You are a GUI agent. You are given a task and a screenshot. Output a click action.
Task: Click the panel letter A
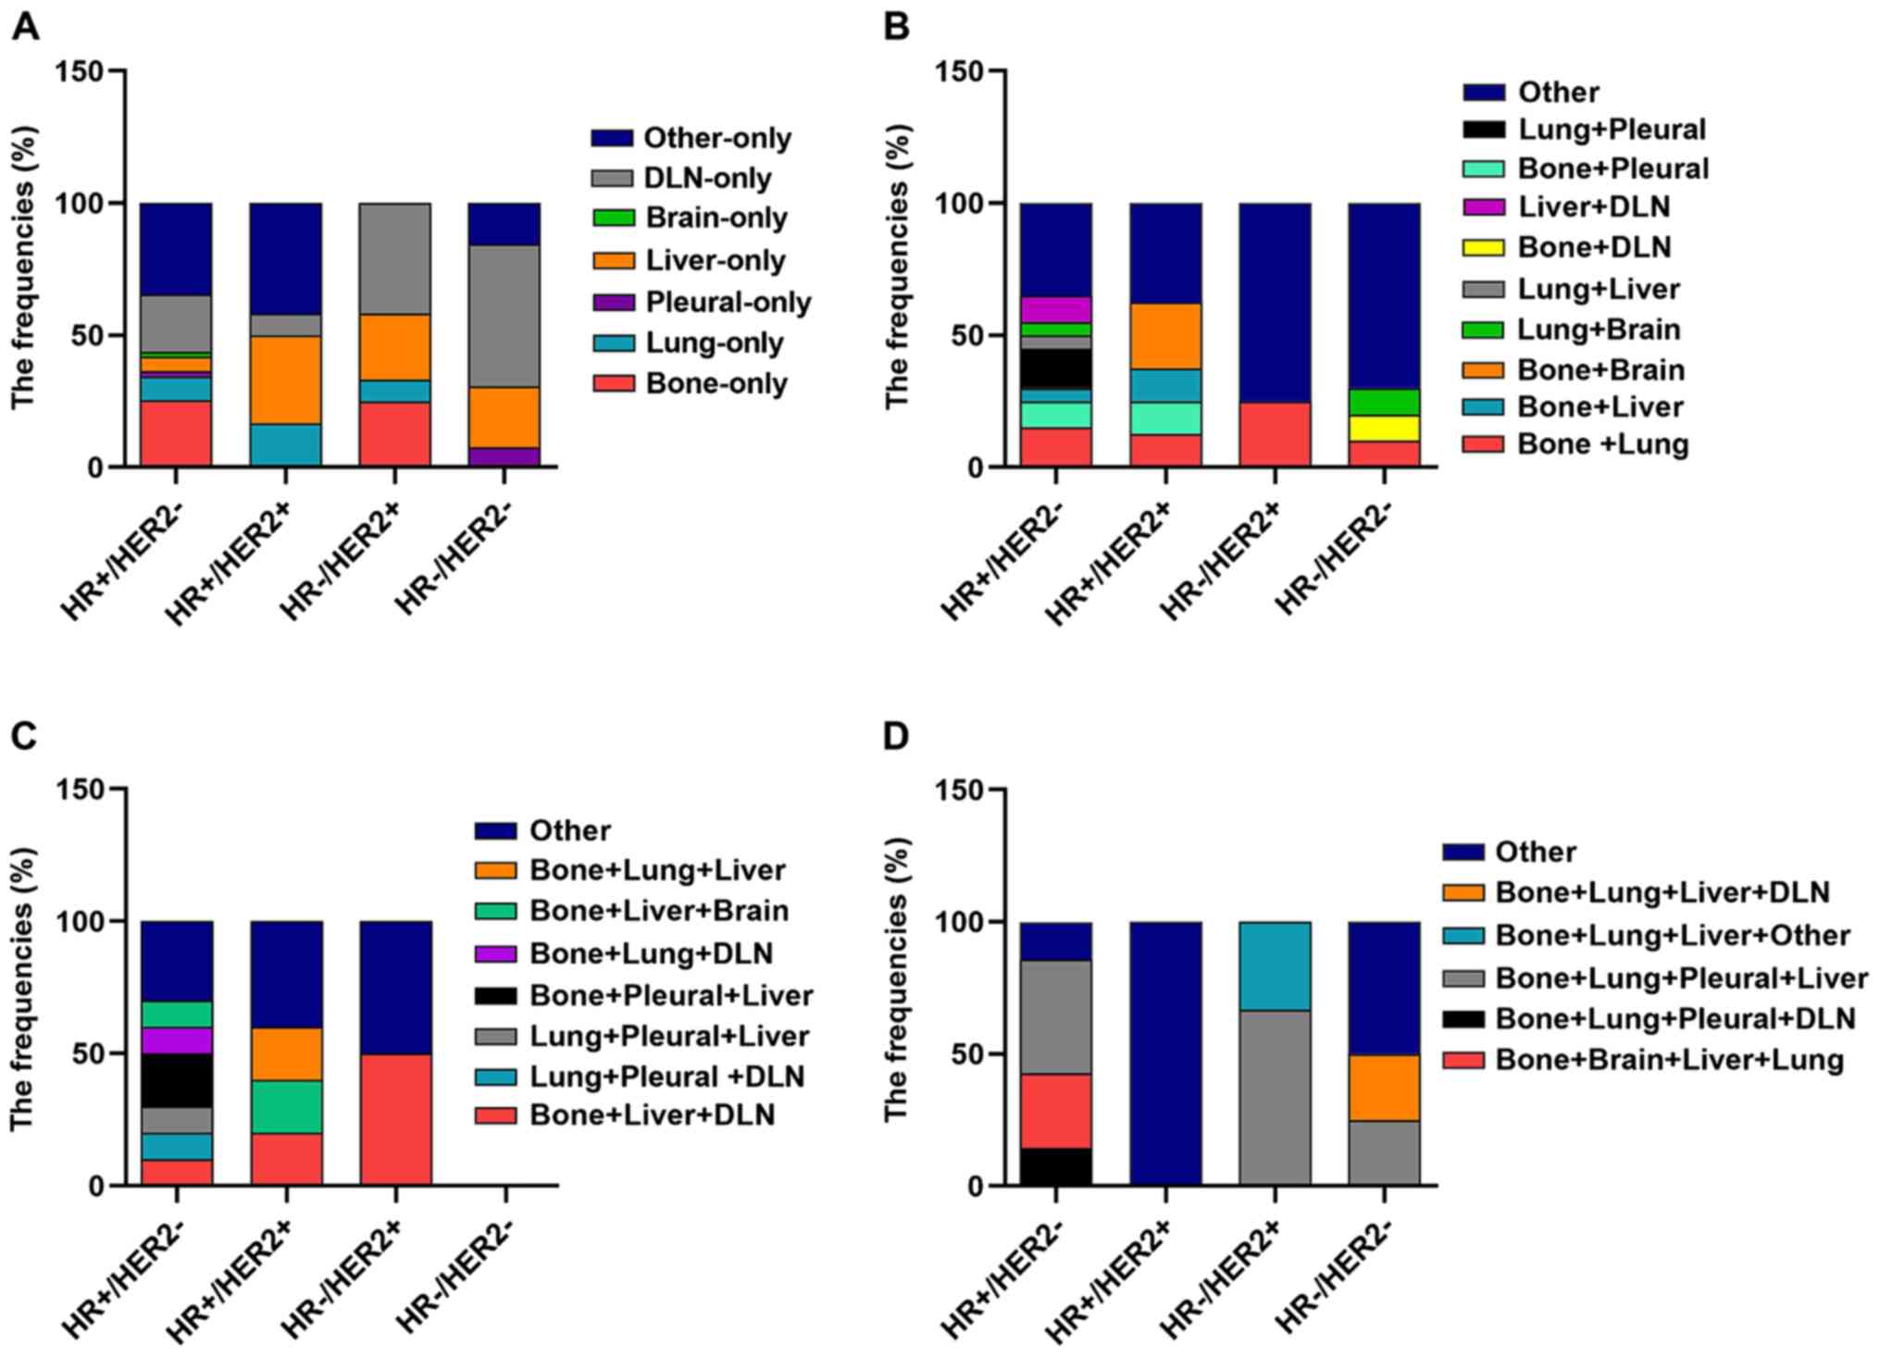point(25,28)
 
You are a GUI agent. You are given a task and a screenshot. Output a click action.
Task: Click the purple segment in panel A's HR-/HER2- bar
point(504,456)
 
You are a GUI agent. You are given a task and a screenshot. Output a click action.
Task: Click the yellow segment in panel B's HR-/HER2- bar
point(1384,429)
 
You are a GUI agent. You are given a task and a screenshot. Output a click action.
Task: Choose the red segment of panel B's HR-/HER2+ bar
point(1275,434)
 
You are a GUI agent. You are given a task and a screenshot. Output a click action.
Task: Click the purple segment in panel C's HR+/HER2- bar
point(176,1040)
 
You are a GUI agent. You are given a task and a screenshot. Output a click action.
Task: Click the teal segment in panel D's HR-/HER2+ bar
point(1275,965)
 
